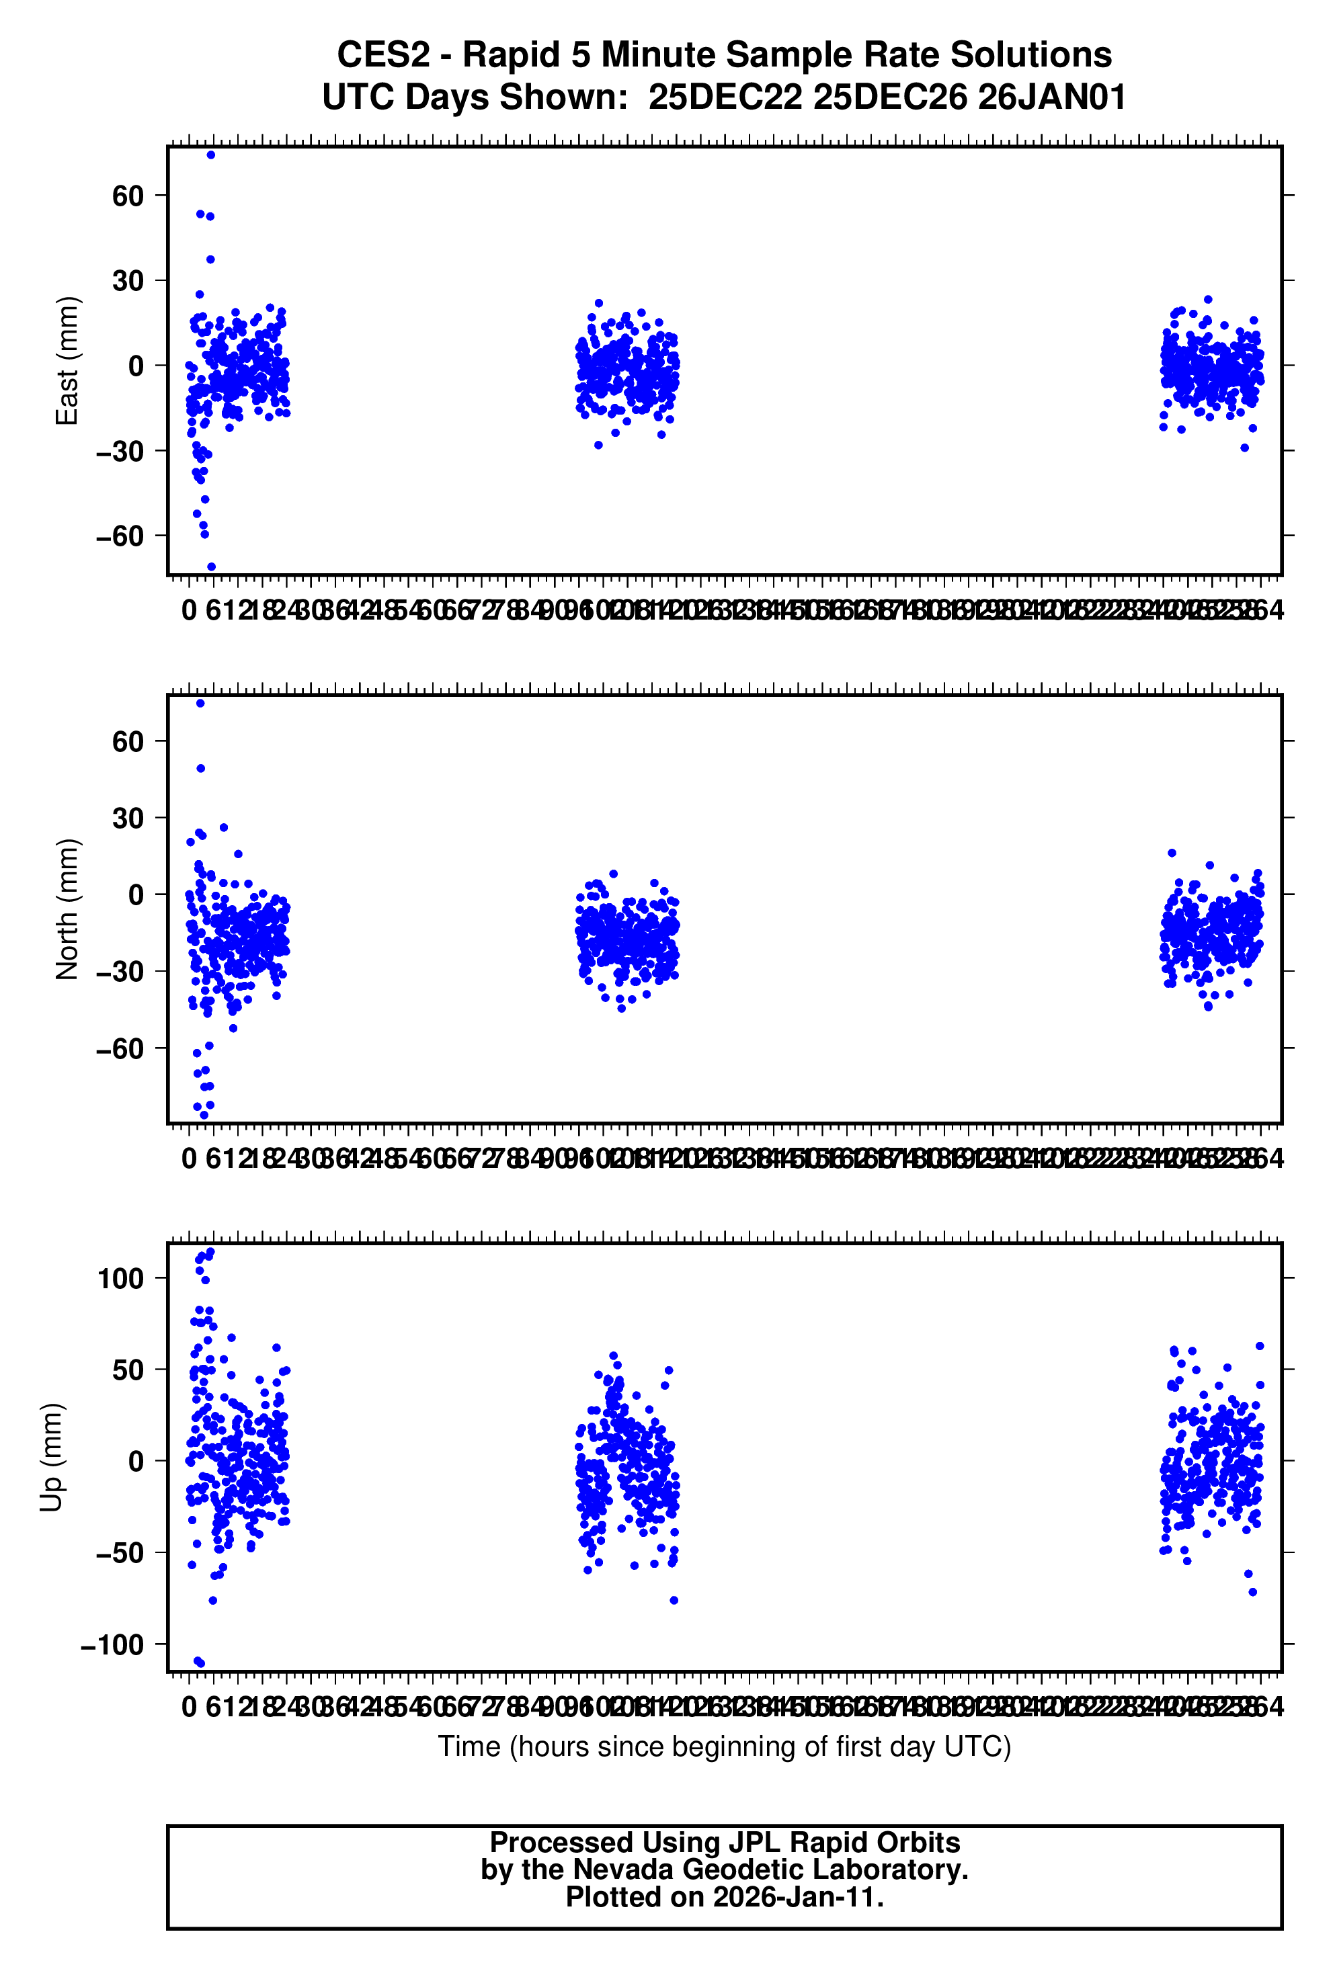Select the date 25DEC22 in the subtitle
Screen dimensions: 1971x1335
tap(725, 97)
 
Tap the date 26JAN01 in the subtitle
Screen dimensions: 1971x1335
tap(1052, 97)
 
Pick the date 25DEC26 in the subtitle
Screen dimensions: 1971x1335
tap(890, 97)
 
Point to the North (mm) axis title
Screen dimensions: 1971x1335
tap(67, 909)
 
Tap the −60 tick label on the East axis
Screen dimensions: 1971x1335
tap(120, 536)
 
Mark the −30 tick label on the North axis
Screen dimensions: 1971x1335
tap(120, 972)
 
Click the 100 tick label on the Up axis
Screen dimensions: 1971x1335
tap(120, 1278)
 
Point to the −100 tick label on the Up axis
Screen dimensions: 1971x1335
tap(112, 1645)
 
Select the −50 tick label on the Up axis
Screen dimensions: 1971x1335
tap(120, 1553)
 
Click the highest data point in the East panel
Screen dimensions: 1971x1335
tap(211, 155)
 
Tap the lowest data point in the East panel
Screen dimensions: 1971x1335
tap(211, 567)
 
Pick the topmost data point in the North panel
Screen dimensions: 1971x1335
tap(200, 703)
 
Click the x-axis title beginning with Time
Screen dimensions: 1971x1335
tap(725, 1747)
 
